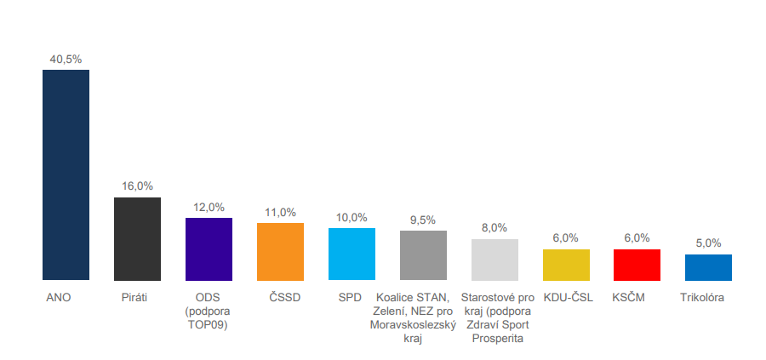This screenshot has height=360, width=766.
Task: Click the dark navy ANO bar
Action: (x=66, y=174)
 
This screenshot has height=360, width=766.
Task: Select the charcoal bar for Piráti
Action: (x=137, y=238)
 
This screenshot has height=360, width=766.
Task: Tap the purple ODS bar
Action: (x=209, y=249)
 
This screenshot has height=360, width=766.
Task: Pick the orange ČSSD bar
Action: (x=280, y=251)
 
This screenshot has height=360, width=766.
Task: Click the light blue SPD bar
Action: (x=352, y=254)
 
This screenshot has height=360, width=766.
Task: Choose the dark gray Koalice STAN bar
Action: (x=423, y=254)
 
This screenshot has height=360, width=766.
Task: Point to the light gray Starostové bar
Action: (x=494, y=259)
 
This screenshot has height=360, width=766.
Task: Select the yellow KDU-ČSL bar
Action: (x=566, y=264)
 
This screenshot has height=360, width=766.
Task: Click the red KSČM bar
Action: (x=637, y=264)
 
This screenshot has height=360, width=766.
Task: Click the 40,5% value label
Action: (x=66, y=59)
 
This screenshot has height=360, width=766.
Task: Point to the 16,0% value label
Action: (x=137, y=186)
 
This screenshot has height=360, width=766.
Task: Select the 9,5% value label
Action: (x=423, y=220)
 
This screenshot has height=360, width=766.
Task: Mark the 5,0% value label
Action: (x=708, y=243)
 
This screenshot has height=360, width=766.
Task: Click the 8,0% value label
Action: (x=494, y=227)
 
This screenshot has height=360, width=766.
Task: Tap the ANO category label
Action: (x=58, y=297)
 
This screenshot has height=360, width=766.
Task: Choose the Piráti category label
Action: (x=134, y=297)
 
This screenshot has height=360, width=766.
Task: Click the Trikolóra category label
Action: (x=703, y=297)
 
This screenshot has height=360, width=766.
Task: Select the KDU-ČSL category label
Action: (x=569, y=297)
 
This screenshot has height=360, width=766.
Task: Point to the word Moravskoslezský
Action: (x=413, y=324)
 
